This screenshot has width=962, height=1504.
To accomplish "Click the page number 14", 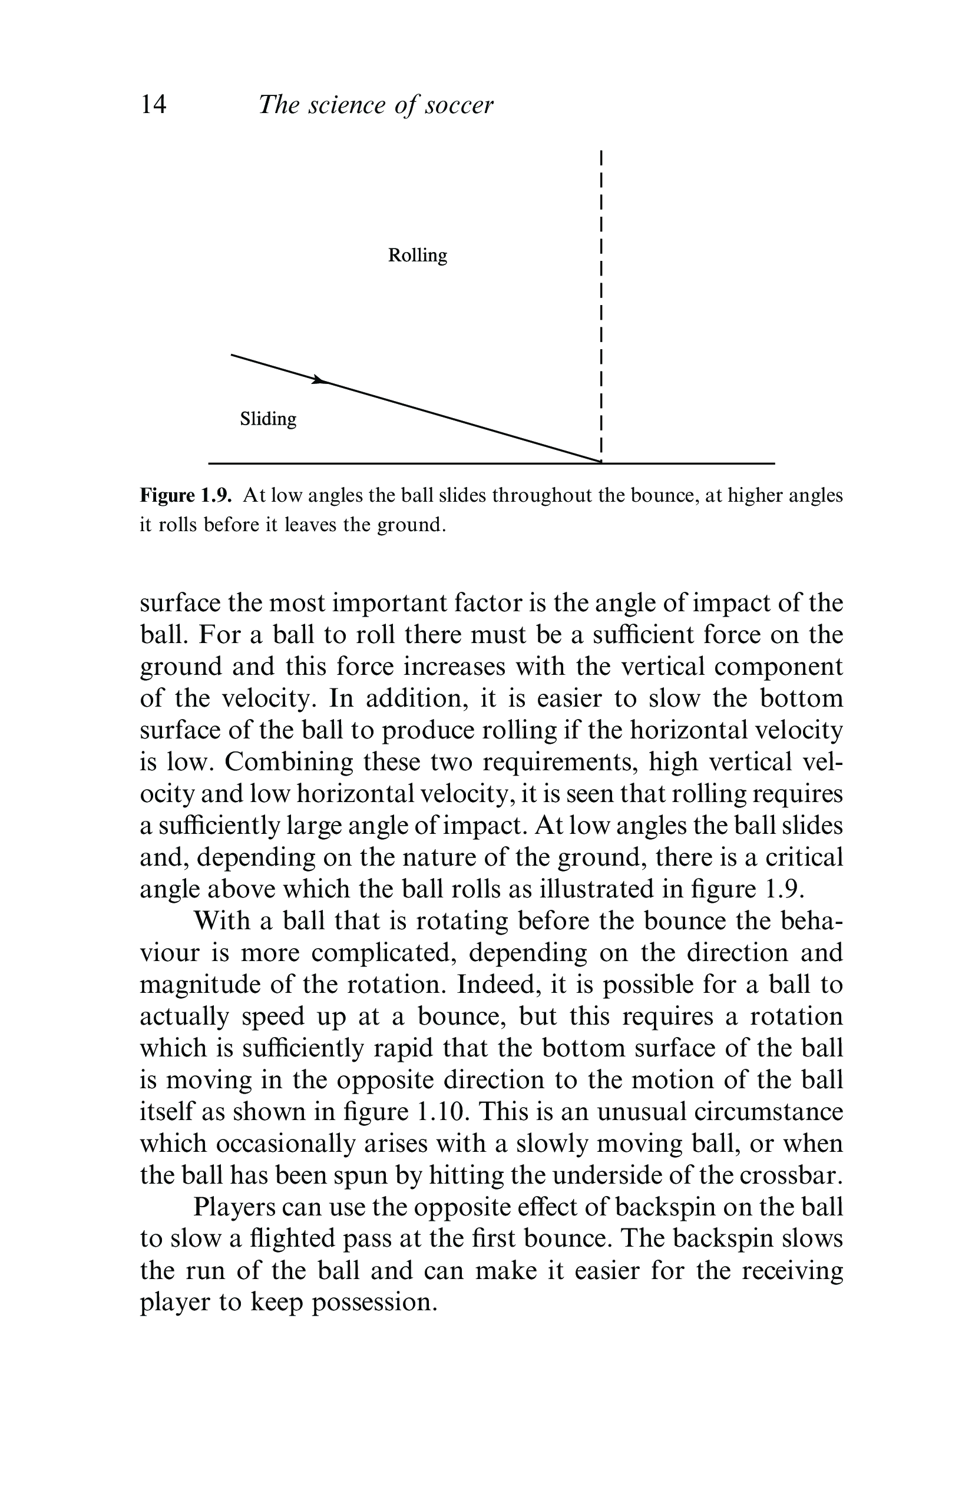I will [x=154, y=104].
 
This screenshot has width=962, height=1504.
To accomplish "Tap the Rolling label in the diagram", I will [x=417, y=256].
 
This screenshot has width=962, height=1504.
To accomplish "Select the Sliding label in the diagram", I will [x=268, y=419].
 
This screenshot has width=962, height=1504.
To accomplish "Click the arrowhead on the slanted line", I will [x=319, y=380].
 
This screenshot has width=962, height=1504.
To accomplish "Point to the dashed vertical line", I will [x=600, y=300].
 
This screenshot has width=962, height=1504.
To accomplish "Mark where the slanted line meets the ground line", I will [x=600, y=462].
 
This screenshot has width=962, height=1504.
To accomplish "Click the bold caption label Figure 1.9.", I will [x=186, y=496].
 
